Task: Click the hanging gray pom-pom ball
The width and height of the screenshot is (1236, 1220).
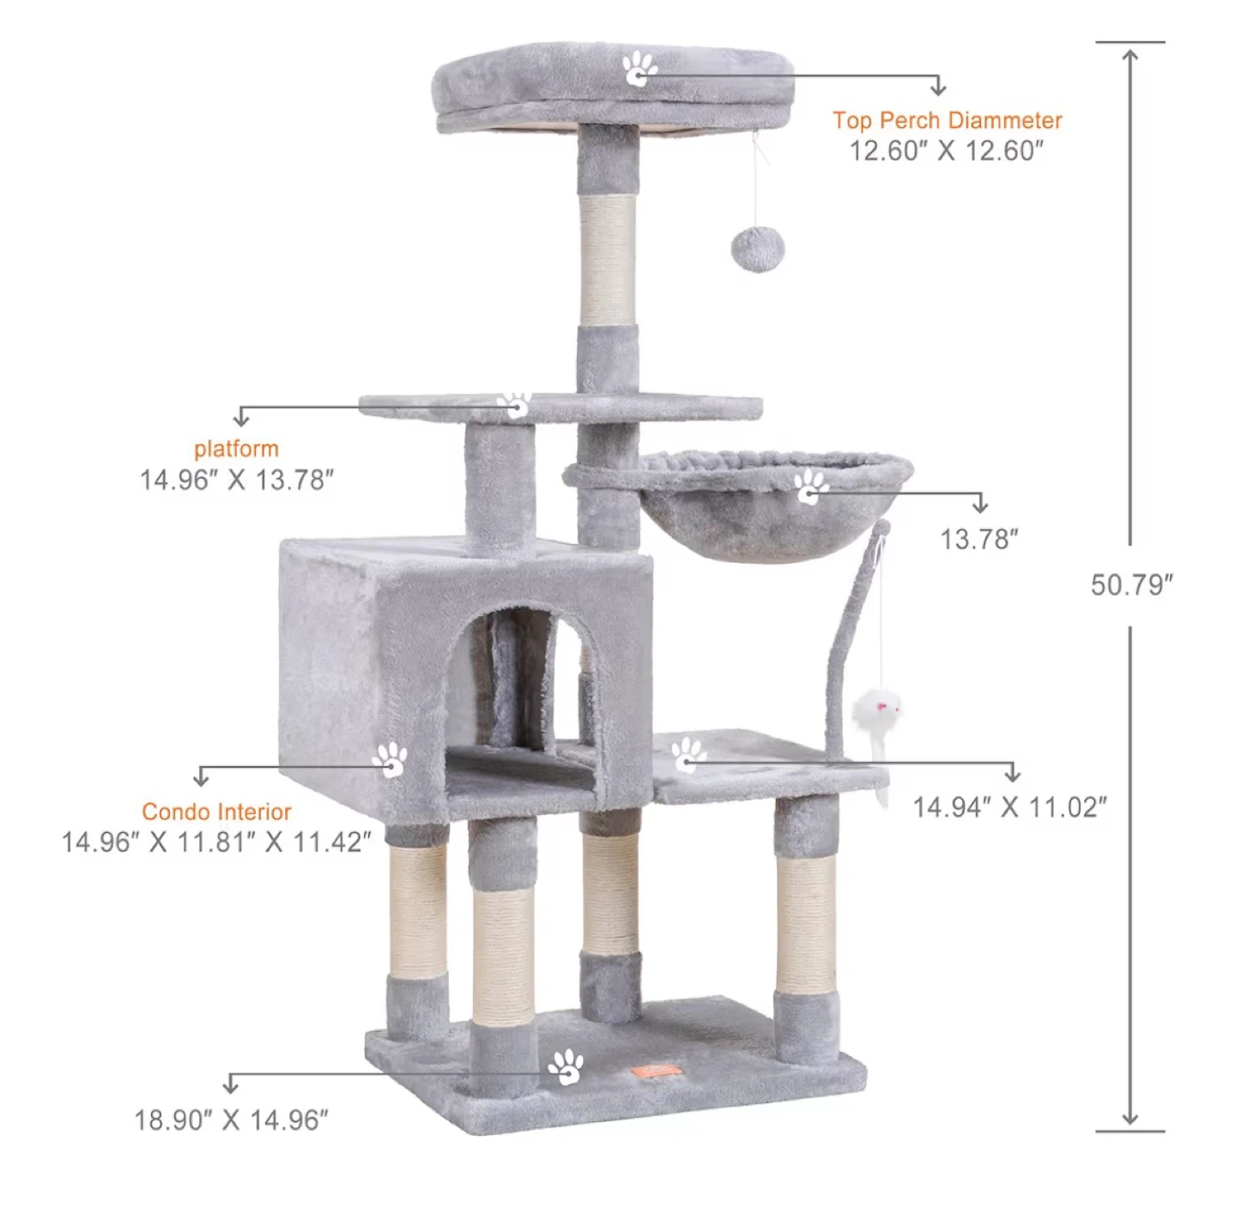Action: coord(757,249)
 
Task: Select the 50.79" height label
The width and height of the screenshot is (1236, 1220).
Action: coord(1131,585)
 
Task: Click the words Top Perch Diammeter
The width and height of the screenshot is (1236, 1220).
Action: coord(947,120)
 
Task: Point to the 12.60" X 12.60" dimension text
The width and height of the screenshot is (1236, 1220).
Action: coord(946,151)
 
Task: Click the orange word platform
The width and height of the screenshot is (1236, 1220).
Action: coord(236,449)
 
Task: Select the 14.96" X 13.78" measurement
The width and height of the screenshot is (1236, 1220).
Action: coord(237,480)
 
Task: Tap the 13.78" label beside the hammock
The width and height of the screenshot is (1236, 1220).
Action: coord(978,540)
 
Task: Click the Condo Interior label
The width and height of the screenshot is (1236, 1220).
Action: coord(217,812)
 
